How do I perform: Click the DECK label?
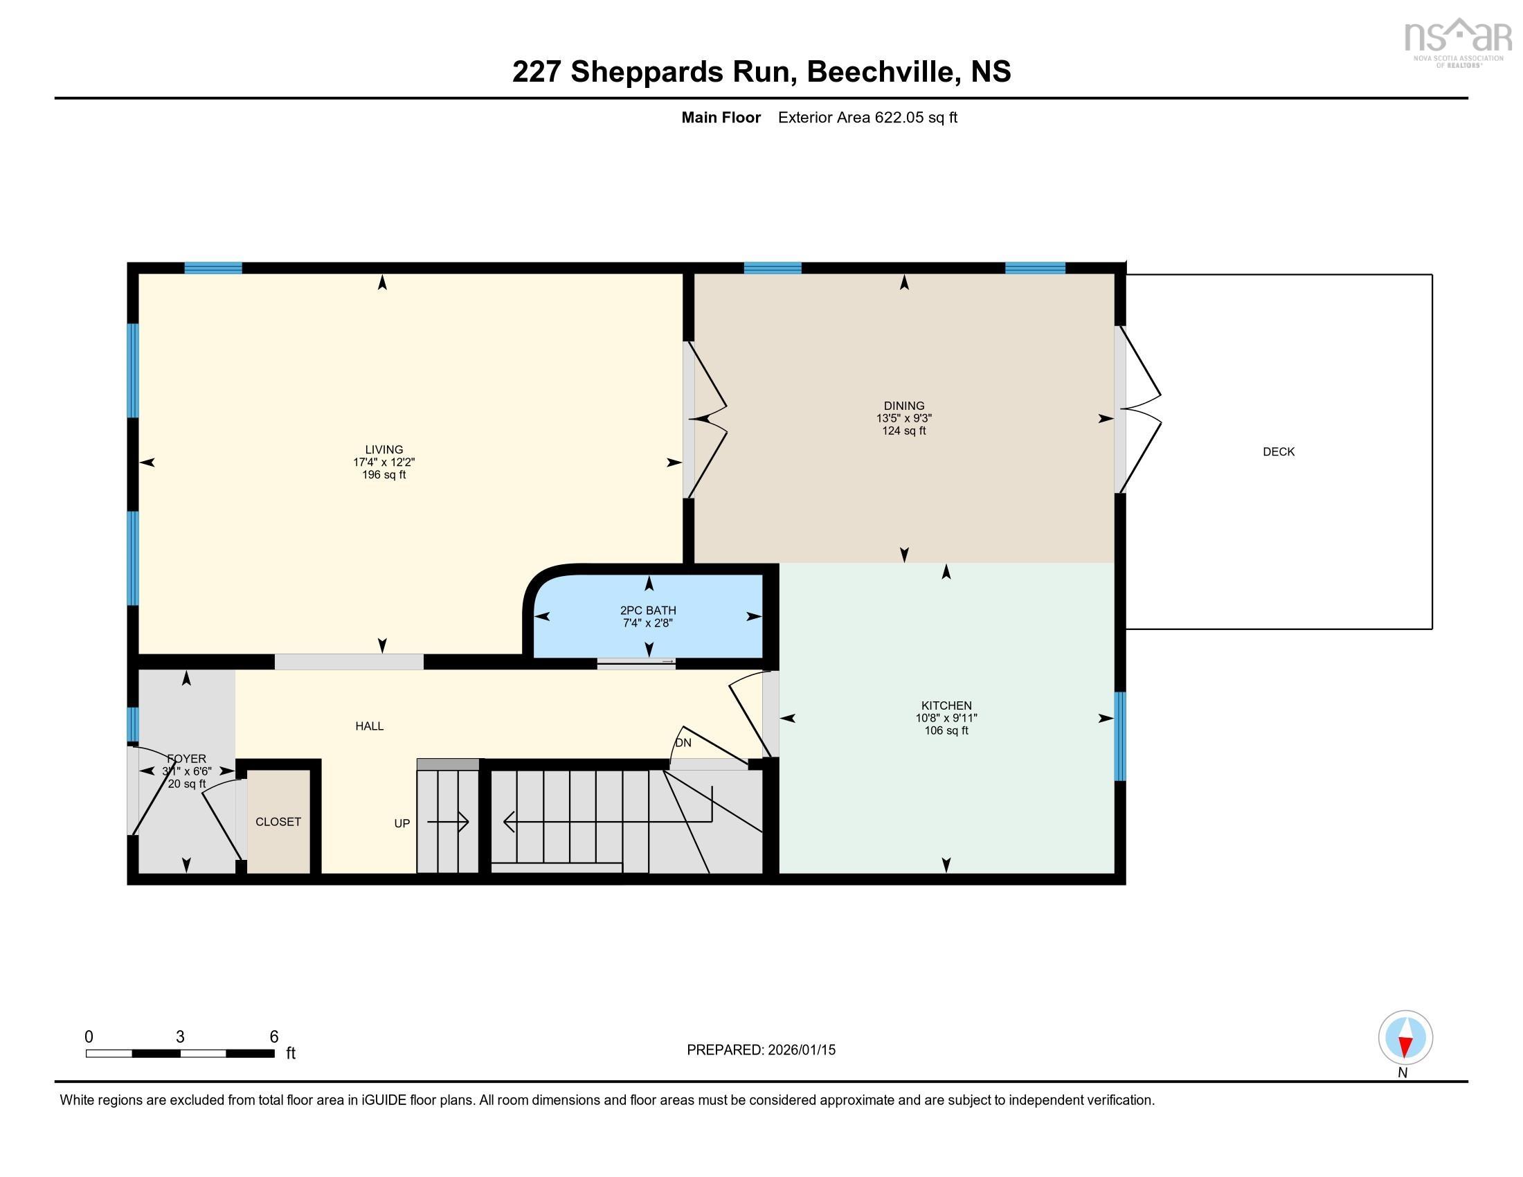point(1278,452)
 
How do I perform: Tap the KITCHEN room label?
point(946,706)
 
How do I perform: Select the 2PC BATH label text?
point(649,610)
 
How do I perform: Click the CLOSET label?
point(278,821)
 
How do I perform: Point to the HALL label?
point(369,726)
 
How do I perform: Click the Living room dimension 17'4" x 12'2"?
point(384,462)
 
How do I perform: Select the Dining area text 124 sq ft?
point(903,431)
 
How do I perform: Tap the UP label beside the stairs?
point(402,823)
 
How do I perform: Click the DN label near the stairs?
point(683,743)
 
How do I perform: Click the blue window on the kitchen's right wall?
point(1119,735)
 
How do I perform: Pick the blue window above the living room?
point(213,268)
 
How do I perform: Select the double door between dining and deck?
point(1138,409)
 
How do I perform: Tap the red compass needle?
point(1405,1046)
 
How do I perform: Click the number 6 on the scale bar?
point(274,1037)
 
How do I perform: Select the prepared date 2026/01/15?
point(800,1050)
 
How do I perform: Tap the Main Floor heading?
point(721,118)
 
